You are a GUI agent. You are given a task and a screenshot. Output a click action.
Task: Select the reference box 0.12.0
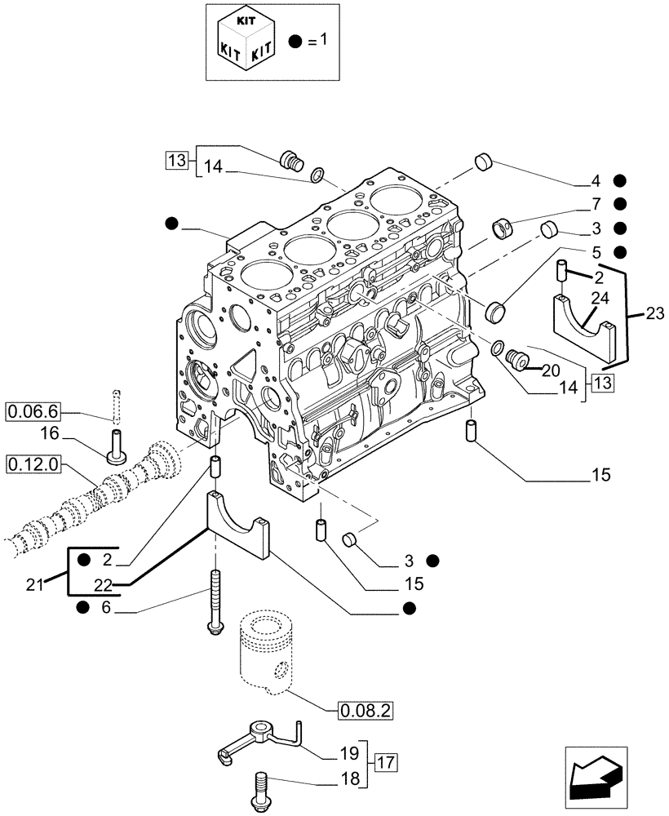pos(32,464)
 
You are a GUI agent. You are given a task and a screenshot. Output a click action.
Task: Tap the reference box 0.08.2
pos(365,711)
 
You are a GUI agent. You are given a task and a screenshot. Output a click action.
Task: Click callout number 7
pos(596,203)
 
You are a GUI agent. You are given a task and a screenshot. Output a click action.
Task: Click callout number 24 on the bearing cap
pos(600,299)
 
